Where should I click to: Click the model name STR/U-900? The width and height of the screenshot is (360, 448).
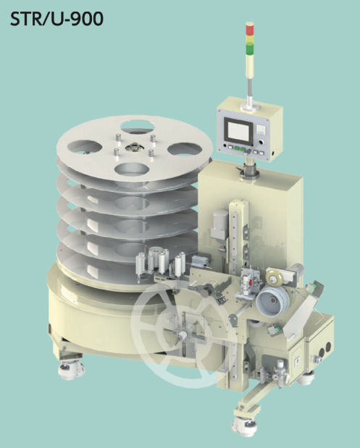(56, 19)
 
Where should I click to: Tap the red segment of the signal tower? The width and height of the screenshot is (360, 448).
(250, 28)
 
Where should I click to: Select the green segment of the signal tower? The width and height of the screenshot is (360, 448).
(250, 49)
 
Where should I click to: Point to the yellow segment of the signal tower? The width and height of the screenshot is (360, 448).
(250, 39)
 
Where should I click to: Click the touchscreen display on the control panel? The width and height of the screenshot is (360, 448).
(238, 132)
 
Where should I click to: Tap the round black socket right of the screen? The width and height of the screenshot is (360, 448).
(261, 142)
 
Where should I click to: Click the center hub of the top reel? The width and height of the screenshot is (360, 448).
(133, 148)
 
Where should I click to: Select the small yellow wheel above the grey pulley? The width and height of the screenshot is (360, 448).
(274, 276)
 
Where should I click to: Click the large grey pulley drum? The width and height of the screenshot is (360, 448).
(272, 300)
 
